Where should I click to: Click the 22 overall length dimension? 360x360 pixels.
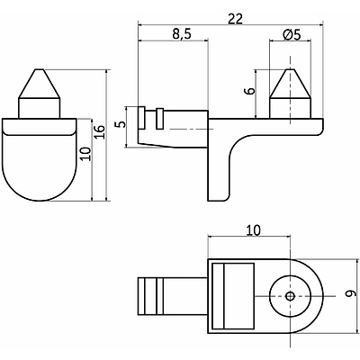(x=235, y=19)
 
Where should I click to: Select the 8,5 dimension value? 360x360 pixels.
(x=182, y=34)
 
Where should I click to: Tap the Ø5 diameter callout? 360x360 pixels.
(x=292, y=35)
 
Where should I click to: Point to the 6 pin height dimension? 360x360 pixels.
(x=251, y=90)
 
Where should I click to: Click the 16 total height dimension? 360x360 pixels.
(x=100, y=131)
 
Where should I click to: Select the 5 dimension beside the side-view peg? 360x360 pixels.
(x=121, y=124)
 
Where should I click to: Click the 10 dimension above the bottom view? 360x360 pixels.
(x=254, y=230)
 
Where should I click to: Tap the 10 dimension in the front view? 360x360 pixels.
(x=85, y=154)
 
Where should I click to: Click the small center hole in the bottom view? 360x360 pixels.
(x=290, y=296)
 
